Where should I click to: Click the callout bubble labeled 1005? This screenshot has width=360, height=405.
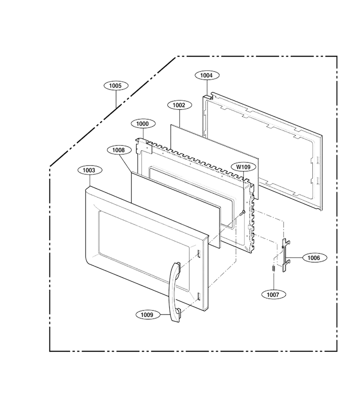coord(116,85)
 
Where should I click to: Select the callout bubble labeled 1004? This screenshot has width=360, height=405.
coord(207,75)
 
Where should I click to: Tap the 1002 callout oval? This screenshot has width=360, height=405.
coord(180,105)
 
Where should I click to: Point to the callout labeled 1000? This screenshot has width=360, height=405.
coord(143,124)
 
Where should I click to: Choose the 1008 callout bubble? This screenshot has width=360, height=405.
coord(119,150)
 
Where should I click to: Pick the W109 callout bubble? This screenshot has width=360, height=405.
coord(243,167)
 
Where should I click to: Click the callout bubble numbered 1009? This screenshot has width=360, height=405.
coord(148,315)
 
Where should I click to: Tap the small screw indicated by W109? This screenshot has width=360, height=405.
coord(242,213)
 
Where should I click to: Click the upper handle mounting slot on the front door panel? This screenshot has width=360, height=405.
coord(199,254)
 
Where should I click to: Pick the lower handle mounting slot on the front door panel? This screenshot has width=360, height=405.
coord(199,297)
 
